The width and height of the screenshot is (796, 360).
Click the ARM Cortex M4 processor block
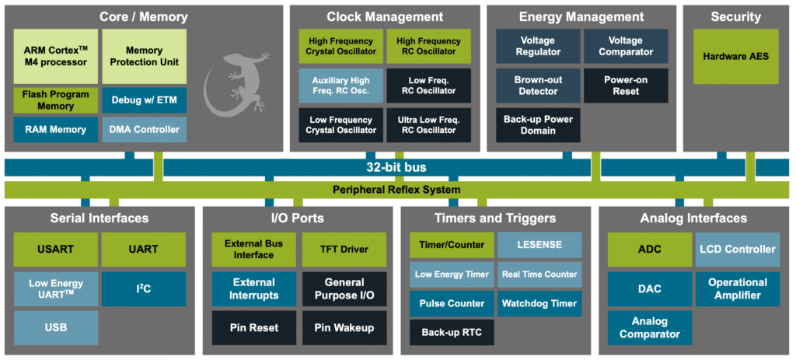(x=56, y=56)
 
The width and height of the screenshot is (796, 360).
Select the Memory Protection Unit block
(x=144, y=56)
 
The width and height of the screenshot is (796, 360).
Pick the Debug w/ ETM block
(x=144, y=100)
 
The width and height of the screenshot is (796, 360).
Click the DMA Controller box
(x=144, y=129)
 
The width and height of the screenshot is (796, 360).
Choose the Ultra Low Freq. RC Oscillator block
(x=428, y=124)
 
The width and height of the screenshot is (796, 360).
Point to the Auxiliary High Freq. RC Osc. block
(x=340, y=85)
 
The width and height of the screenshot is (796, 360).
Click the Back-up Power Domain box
(x=538, y=124)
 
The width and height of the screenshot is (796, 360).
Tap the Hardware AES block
(x=735, y=57)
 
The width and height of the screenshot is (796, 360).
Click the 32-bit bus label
(x=396, y=167)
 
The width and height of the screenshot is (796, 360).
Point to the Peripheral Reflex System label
(x=396, y=190)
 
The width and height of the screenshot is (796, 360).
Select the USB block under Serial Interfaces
(x=56, y=327)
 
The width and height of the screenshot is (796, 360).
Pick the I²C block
(x=144, y=288)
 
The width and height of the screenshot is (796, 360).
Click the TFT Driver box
(x=344, y=250)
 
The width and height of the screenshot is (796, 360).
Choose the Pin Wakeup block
(x=344, y=327)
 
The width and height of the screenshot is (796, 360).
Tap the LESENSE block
(x=539, y=245)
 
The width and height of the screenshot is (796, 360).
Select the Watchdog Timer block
(x=539, y=303)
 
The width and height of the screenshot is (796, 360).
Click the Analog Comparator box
(x=649, y=327)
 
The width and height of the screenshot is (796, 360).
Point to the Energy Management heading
(x=581, y=16)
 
